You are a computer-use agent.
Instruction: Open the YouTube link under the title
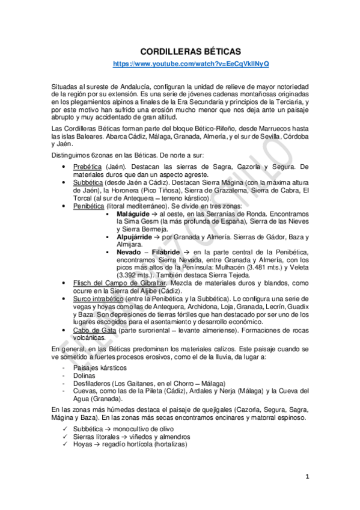192,64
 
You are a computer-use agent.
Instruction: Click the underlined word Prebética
88,166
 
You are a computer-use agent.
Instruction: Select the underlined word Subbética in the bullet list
88,182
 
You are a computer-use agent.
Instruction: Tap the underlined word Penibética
89,205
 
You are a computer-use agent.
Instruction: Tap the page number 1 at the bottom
306,477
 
